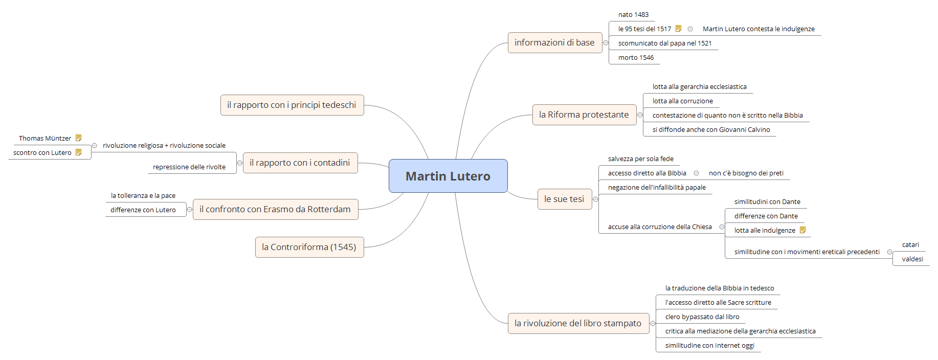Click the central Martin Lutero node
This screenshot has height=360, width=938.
click(448, 176)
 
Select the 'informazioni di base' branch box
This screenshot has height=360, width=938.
click(554, 42)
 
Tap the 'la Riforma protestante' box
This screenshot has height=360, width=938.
click(584, 115)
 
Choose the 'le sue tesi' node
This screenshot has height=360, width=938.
click(564, 199)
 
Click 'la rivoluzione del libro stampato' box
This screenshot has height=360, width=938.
click(578, 323)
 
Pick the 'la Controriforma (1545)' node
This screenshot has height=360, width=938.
click(309, 247)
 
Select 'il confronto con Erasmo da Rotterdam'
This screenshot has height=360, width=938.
click(275, 209)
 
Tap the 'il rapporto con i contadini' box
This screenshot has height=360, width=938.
click(300, 163)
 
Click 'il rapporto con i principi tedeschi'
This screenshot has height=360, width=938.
click(292, 105)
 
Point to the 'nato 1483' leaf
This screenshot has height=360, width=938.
click(633, 15)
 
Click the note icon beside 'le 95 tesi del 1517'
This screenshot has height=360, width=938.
click(679, 29)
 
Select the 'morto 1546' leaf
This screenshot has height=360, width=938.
click(636, 58)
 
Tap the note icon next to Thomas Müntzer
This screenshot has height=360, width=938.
click(78, 138)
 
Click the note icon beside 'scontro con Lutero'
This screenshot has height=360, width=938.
click(78, 152)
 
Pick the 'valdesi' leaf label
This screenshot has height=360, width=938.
click(912, 259)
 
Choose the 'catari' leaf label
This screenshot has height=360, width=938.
click(910, 245)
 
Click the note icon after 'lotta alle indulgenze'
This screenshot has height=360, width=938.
click(802, 230)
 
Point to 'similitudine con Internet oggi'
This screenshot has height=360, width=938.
click(709, 346)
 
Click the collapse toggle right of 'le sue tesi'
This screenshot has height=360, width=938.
click(595, 199)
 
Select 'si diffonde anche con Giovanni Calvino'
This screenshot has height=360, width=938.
click(711, 130)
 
